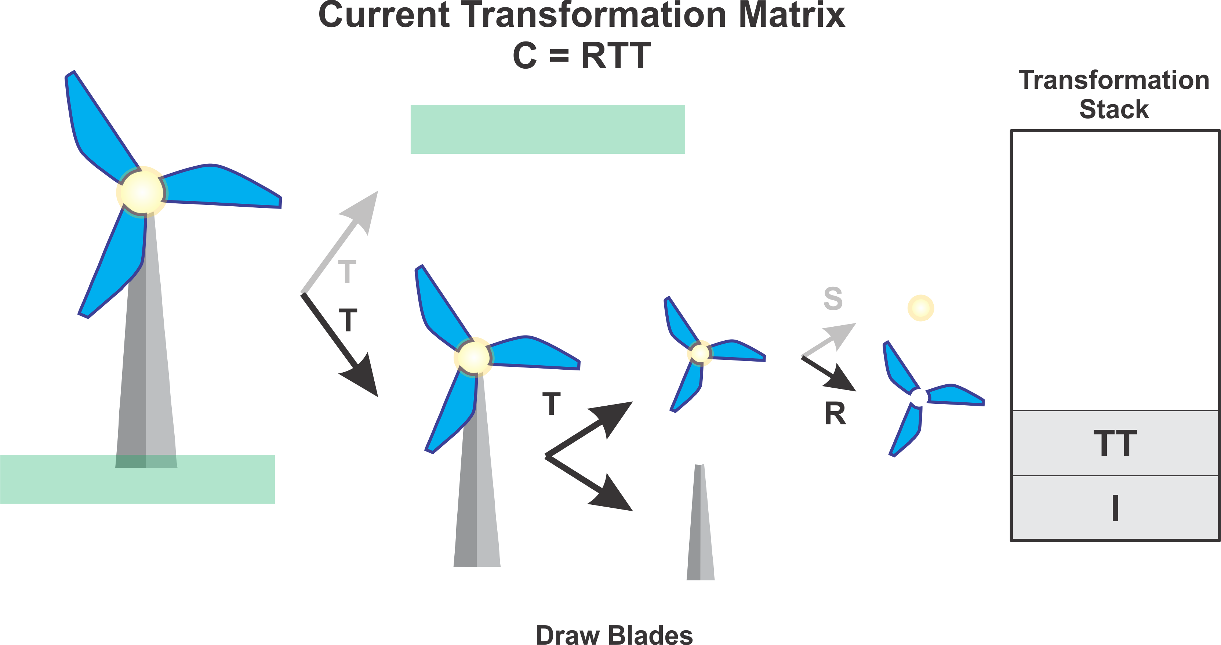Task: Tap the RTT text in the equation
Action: [616, 56]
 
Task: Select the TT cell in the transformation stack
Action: [1115, 443]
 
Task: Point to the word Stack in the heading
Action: [1114, 109]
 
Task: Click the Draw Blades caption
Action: [614, 635]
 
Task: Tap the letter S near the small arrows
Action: [833, 299]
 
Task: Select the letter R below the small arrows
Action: [835, 414]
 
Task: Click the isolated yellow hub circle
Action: [920, 308]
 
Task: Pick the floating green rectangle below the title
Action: [548, 130]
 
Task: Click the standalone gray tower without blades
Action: [700, 526]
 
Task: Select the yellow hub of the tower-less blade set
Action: [699, 353]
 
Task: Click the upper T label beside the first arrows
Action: [347, 272]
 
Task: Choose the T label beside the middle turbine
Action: [551, 404]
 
